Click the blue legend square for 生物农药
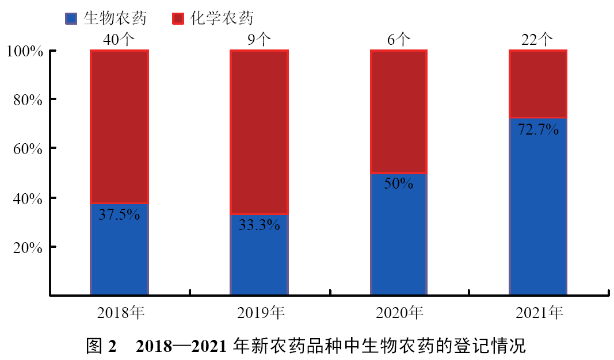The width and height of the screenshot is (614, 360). (x=71, y=18)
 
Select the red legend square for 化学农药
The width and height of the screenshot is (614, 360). (x=178, y=18)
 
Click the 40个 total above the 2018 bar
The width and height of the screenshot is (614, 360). (x=120, y=40)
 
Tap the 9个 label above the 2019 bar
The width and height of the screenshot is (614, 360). (x=259, y=40)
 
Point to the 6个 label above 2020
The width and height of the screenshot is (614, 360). (x=399, y=40)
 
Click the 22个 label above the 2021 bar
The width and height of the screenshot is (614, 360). (x=538, y=40)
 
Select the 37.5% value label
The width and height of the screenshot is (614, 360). (x=120, y=215)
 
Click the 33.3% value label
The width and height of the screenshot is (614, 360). (x=259, y=225)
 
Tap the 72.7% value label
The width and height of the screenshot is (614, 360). (x=538, y=129)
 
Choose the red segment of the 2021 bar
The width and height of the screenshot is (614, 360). (x=538, y=83)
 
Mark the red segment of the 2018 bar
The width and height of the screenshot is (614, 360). (x=120, y=127)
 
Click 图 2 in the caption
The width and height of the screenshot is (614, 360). (x=101, y=347)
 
